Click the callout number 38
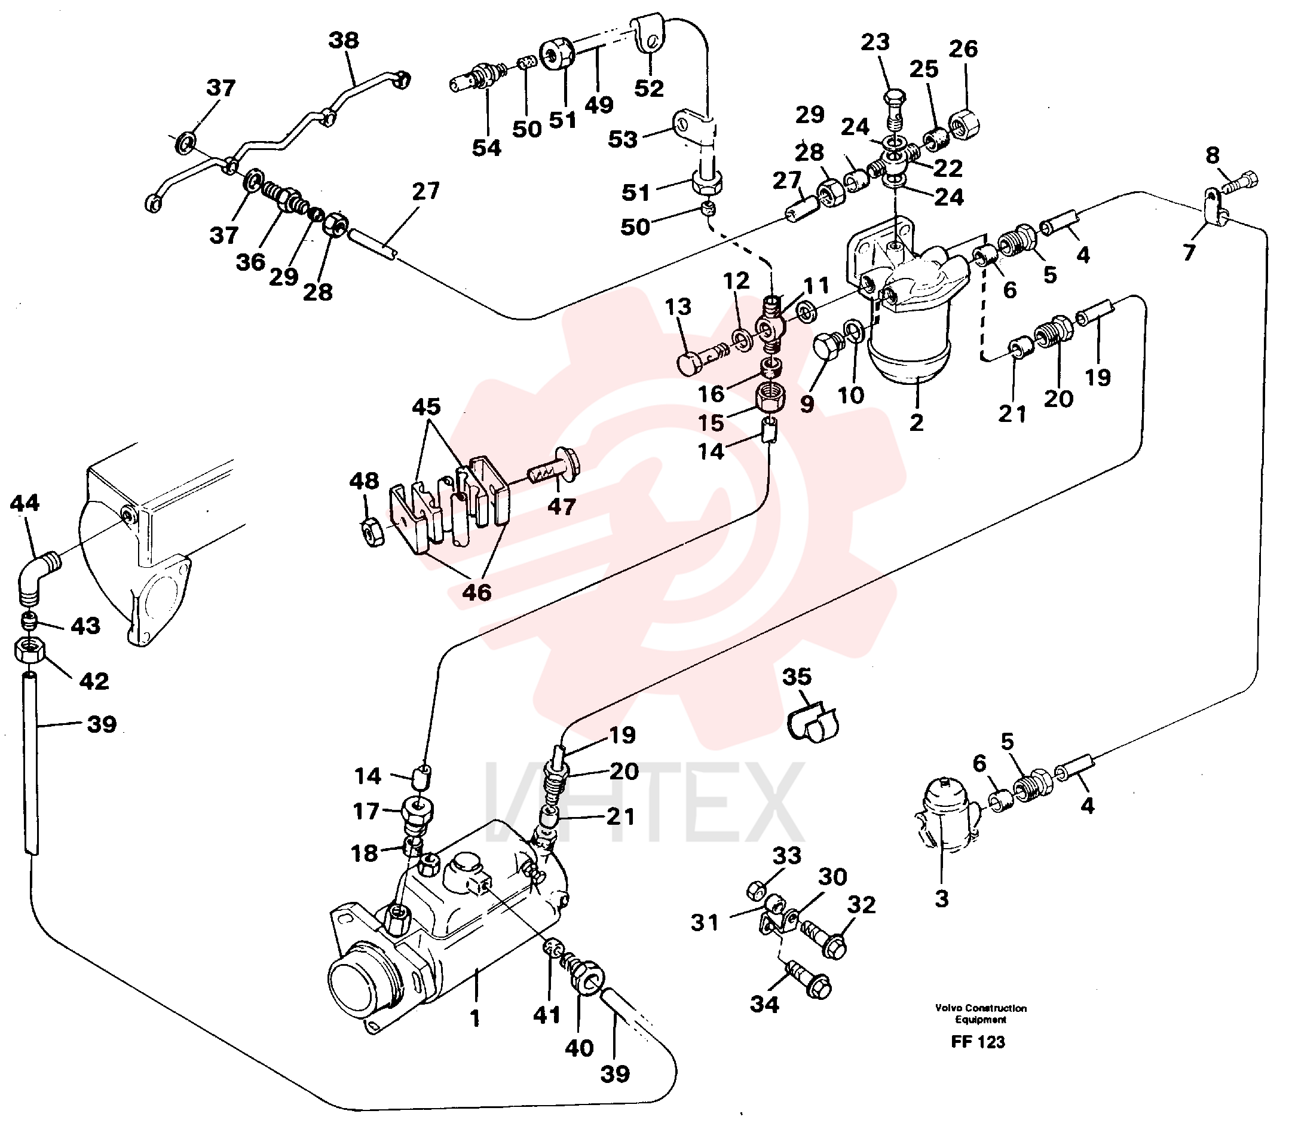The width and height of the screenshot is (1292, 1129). pos(344,40)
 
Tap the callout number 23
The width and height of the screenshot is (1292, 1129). pos(875,42)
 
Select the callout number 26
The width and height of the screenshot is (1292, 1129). pos(963,48)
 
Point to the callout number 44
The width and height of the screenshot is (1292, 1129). pos(25,502)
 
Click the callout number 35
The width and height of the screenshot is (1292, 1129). pos(797,677)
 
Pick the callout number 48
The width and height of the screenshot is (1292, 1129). pos(364,481)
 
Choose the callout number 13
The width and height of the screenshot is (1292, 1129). pos(678,307)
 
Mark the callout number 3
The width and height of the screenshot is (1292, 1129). pos(941,899)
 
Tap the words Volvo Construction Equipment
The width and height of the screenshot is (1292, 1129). pos(981,1014)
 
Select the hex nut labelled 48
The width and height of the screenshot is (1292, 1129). pos(375,532)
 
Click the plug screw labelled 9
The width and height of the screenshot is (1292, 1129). pos(828,346)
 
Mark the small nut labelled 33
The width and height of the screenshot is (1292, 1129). pos(758,890)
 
